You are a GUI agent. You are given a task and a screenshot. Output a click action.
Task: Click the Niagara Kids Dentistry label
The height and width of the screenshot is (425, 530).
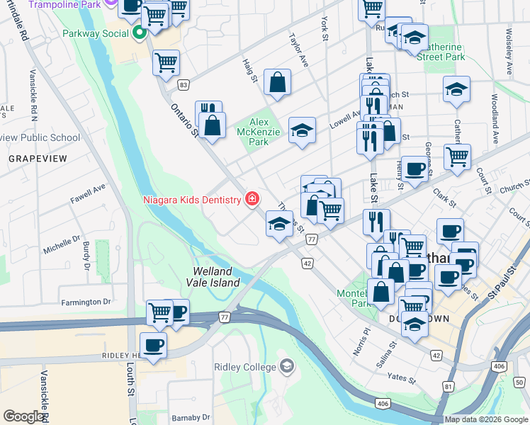[x=192, y=200]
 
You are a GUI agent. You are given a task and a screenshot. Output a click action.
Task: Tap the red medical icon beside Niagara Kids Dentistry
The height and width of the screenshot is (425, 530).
[x=252, y=200]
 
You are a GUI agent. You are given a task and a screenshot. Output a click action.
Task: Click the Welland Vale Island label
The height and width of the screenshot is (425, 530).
[x=217, y=277]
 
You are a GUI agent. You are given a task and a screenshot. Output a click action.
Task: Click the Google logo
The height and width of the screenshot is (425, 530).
[x=23, y=416]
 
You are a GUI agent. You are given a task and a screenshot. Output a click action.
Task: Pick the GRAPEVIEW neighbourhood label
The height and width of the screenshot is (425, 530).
[x=37, y=159]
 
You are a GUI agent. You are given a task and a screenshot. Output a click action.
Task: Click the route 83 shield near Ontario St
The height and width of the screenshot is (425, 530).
[x=184, y=85]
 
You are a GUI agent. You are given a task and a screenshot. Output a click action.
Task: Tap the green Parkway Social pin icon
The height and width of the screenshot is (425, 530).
[x=140, y=33]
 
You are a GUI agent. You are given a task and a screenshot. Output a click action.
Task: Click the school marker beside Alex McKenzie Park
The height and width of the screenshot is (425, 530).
[x=302, y=130]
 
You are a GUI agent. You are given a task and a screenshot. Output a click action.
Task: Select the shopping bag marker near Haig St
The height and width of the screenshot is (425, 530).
[x=277, y=81]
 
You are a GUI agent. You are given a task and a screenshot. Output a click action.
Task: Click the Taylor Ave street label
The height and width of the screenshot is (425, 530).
[x=298, y=50]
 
